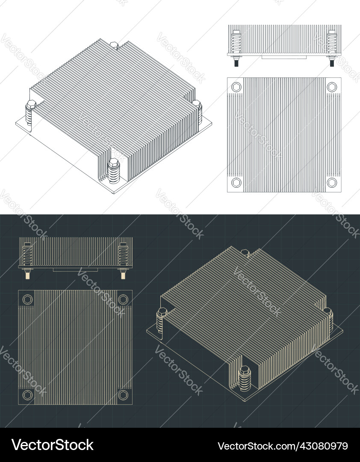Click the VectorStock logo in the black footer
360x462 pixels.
click(52, 445)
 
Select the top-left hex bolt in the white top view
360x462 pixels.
click(236, 87)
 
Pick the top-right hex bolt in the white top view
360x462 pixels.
click(332, 87)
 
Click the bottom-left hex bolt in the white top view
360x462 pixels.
click(236, 183)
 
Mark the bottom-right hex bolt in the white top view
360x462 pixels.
click(332, 183)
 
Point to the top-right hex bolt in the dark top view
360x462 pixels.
click(123, 299)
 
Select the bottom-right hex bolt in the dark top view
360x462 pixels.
click(123, 395)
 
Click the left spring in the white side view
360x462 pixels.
click(236, 43)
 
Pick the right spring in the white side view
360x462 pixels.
click(331, 43)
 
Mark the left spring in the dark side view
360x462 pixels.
click(28, 255)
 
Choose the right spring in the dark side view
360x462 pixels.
click(123, 255)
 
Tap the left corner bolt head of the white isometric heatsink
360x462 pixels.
click(31, 104)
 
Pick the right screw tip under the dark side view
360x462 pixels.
click(123, 275)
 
